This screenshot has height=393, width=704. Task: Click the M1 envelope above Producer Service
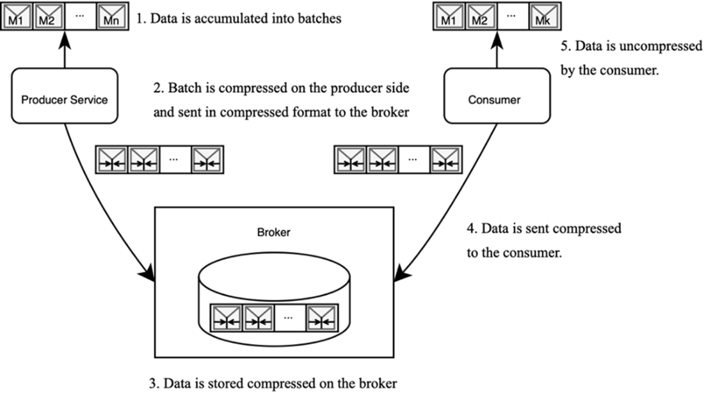17,17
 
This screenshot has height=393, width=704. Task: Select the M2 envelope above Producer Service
48,17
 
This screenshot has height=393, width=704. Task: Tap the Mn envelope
112,17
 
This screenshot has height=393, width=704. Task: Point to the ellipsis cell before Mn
80,17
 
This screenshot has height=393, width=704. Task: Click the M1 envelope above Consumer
450,17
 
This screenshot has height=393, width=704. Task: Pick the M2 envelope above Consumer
481,17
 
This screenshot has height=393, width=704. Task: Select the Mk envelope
545,17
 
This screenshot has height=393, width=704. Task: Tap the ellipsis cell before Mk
513,17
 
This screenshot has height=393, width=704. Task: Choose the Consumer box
497,96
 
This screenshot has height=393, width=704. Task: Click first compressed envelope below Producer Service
112,160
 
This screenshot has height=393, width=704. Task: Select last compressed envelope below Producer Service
207,160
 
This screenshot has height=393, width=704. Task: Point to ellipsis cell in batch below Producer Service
175,160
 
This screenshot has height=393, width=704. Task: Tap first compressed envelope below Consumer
351,160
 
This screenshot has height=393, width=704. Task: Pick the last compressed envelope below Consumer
445,160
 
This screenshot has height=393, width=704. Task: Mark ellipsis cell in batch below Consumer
414,160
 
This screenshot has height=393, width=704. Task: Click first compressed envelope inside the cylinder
227,317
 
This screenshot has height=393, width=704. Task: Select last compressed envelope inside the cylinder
322,317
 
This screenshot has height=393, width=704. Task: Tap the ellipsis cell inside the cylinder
290,317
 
